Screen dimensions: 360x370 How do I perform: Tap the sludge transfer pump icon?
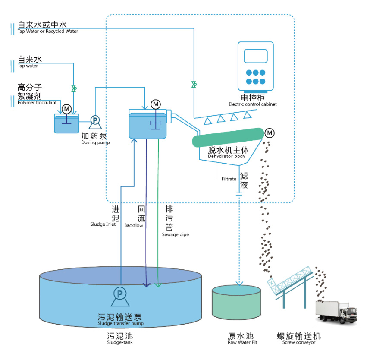[x=119, y=294]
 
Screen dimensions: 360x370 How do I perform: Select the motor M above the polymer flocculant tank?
[x=66, y=109]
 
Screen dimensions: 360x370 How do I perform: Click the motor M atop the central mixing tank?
[x=155, y=104]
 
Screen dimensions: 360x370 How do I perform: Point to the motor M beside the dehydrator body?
[x=270, y=132]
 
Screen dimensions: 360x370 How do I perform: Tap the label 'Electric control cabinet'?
[x=252, y=104]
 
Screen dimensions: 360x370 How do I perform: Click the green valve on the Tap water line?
[x=74, y=88]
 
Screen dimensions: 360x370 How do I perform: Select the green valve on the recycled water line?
[x=194, y=84]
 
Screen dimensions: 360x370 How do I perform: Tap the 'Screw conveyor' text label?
[x=299, y=343]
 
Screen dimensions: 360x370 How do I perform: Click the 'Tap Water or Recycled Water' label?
[x=47, y=31]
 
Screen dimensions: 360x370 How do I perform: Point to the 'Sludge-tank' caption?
[x=120, y=343]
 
